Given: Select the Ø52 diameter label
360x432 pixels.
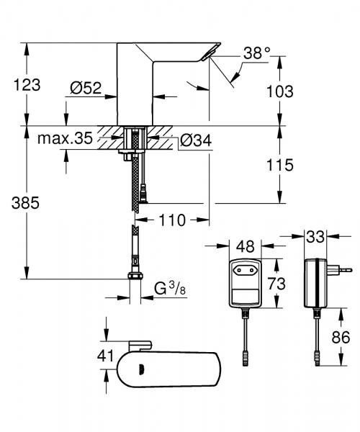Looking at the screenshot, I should (85, 89).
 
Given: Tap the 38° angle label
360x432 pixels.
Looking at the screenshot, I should (256, 52).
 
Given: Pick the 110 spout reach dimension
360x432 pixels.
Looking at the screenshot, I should (172, 219).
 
